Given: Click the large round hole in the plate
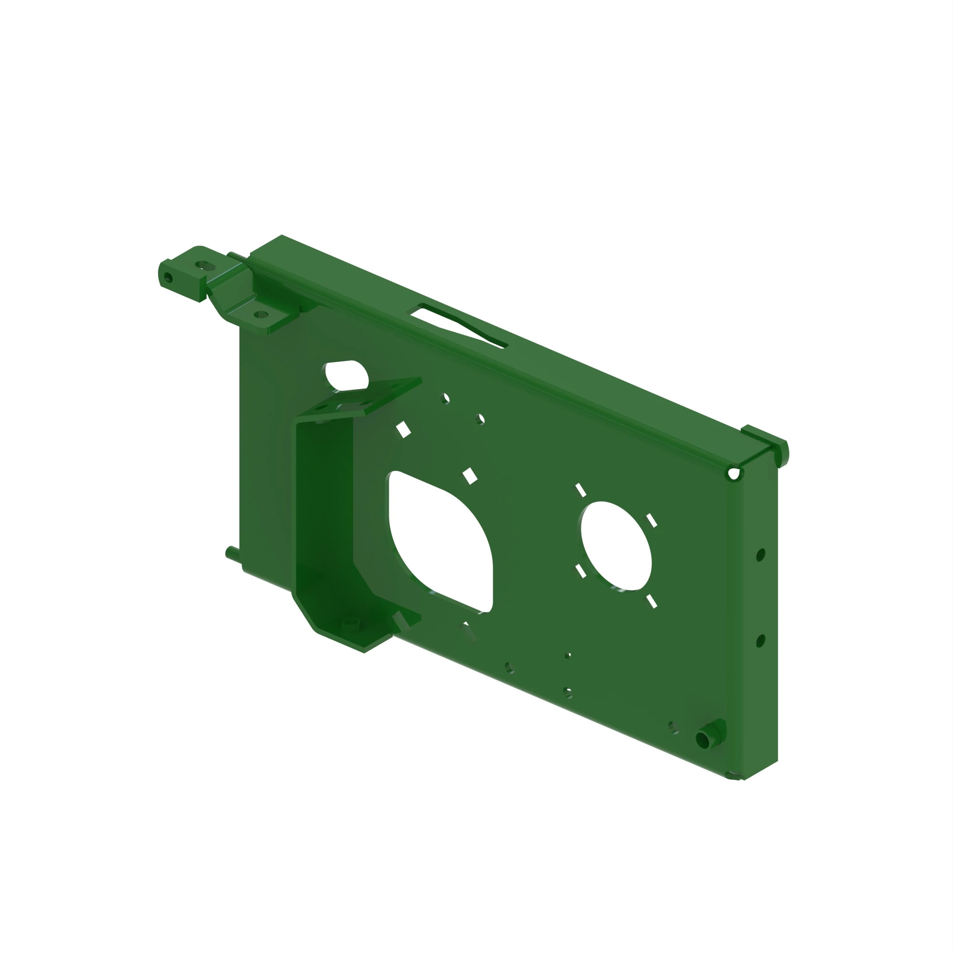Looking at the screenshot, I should point(616,546).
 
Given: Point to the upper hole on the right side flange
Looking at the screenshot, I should point(760,555).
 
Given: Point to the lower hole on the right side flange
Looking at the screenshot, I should point(760,641).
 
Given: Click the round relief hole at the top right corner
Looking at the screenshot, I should point(733,474).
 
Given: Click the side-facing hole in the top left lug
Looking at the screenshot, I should point(168,278).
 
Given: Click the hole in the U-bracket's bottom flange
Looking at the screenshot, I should point(351,622).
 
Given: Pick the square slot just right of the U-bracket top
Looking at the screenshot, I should point(403,429).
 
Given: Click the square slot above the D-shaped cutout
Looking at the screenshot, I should point(470,476).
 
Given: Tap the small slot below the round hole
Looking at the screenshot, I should point(651,601).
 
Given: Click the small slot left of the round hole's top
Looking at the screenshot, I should point(580,490).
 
